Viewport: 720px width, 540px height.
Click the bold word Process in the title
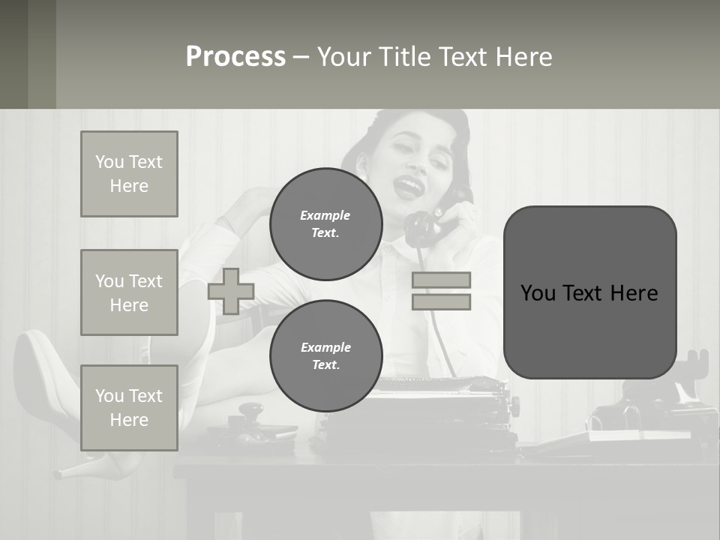235,57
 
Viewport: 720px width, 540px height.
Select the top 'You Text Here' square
129,174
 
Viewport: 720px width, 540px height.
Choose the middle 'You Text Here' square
129,292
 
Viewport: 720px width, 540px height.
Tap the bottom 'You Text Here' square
129,407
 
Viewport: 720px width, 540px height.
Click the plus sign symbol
231,291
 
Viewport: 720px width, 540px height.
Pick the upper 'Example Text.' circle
325,223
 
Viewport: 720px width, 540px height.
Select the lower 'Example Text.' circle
325,355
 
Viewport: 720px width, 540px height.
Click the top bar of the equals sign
441,280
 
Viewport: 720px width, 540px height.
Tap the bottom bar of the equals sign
441,301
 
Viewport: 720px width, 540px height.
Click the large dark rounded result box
589,292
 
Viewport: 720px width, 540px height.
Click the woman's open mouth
408,184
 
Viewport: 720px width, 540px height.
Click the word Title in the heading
406,57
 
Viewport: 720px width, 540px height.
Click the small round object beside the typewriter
252,413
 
